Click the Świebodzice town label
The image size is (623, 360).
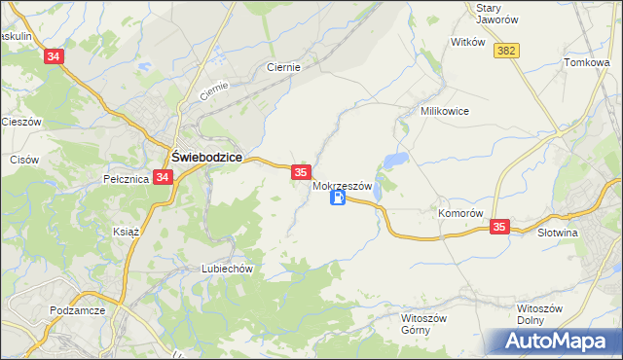coord(206,156)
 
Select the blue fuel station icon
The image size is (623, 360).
coord(338,198)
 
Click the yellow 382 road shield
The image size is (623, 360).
coord(505,51)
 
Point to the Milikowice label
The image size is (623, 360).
coord(445,111)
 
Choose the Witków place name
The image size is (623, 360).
coord(467,43)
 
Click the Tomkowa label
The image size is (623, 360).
coord(586,62)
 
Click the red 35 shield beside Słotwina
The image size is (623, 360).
coord(499,227)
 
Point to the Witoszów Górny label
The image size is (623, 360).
coord(423,323)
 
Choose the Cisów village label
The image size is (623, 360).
coord(23,160)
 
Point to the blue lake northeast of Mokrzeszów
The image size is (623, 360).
coord(396,159)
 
